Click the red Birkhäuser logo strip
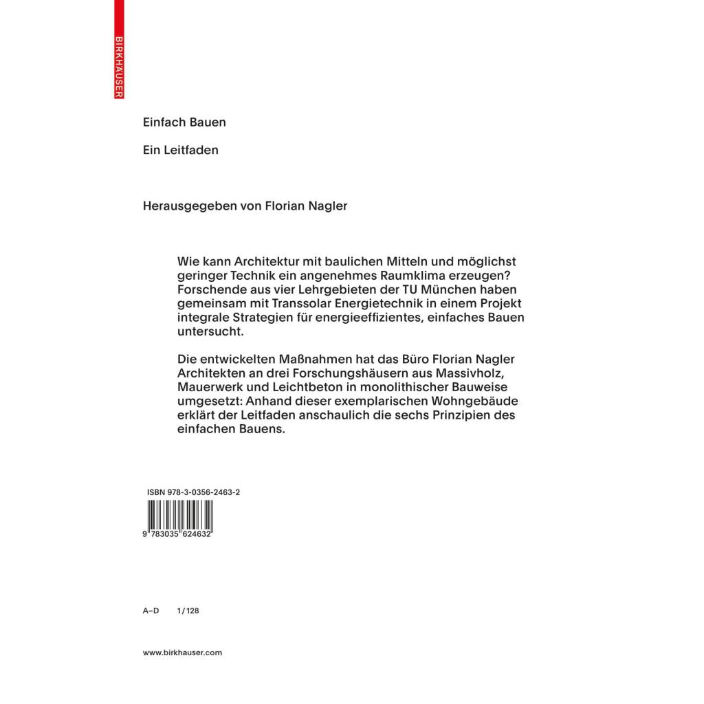point(119,49)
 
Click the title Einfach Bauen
point(184,122)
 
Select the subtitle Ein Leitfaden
point(180,150)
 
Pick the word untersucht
point(210,332)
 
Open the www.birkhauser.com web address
point(182,652)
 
